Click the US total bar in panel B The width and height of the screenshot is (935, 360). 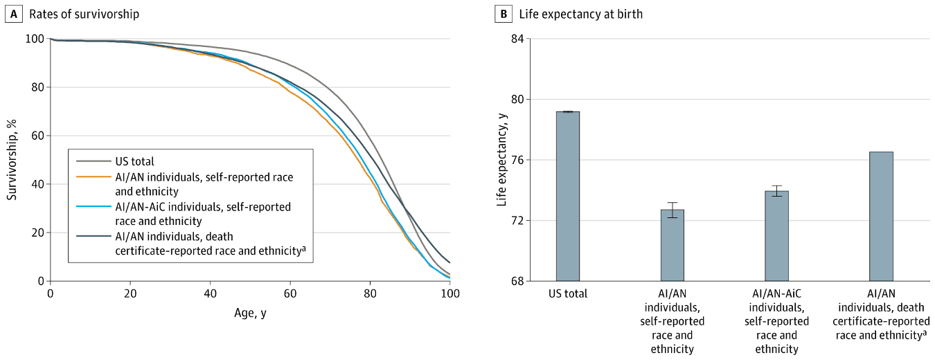pyautogui.click(x=567, y=196)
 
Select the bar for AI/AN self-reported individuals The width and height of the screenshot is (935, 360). pyautogui.click(x=672, y=245)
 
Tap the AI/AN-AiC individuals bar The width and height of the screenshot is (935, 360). pyautogui.click(x=776, y=235)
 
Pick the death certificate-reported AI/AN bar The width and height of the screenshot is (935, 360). pyautogui.click(x=881, y=216)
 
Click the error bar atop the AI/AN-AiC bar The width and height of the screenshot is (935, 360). pyautogui.click(x=776, y=191)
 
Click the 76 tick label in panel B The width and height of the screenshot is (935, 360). pyautogui.click(x=515, y=160)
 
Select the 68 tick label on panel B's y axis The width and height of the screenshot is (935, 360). pyautogui.click(x=515, y=281)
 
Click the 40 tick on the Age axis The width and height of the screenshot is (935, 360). pyautogui.click(x=210, y=294)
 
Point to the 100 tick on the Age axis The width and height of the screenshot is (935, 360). pyautogui.click(x=450, y=294)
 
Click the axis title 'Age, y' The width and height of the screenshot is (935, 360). pyautogui.click(x=250, y=314)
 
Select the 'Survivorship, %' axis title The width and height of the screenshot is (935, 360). pyautogui.click(x=12, y=159)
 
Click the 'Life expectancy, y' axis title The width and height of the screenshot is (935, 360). pyautogui.click(x=501, y=159)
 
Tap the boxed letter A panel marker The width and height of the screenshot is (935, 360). pyautogui.click(x=12, y=14)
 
